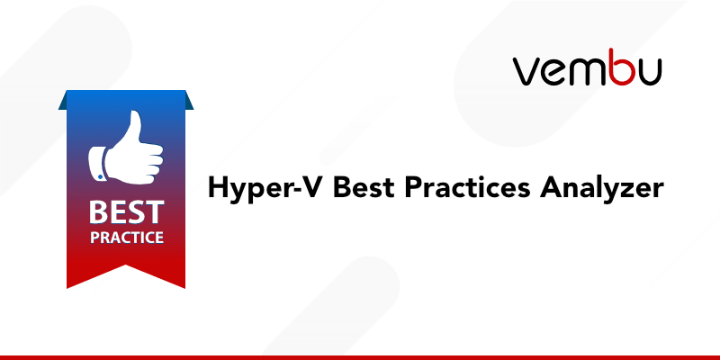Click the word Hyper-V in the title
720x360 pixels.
(255, 189)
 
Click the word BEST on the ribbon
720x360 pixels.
(126, 213)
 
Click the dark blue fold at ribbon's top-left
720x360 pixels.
(64, 101)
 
